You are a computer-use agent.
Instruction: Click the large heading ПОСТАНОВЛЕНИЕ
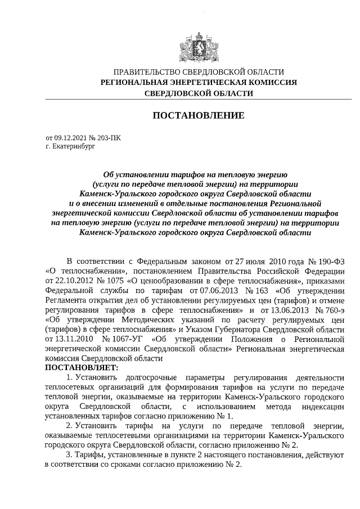(199, 116)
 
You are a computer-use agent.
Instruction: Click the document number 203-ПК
(109, 137)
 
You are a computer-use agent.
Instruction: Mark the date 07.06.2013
(208, 291)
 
